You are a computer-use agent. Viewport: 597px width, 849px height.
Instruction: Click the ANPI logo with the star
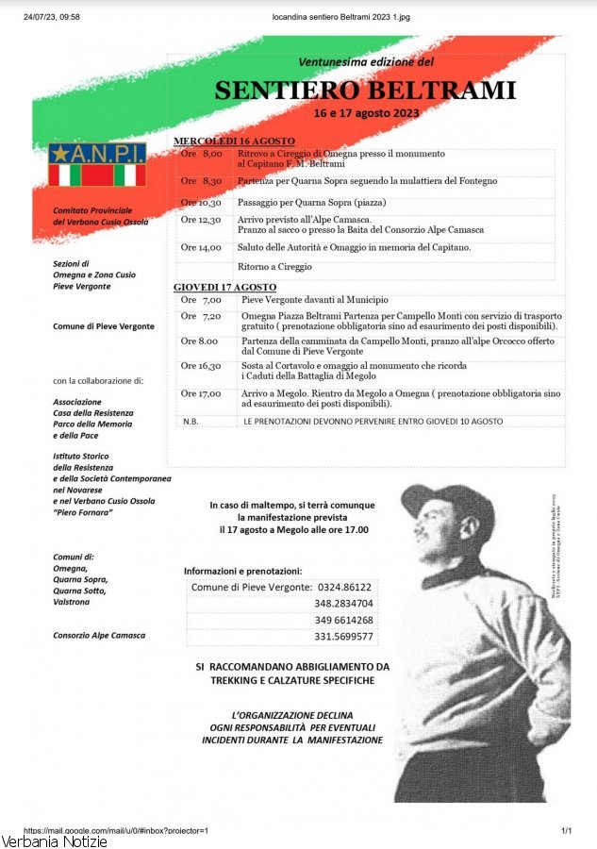(97, 165)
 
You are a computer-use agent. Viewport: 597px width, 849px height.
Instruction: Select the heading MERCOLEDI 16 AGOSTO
(234, 141)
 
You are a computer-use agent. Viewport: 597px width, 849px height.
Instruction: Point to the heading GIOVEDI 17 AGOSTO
(224, 287)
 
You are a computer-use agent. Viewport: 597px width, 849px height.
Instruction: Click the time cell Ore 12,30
(201, 220)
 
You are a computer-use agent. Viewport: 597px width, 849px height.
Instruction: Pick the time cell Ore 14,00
(201, 248)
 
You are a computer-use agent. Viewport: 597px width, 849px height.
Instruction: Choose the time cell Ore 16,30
(201, 366)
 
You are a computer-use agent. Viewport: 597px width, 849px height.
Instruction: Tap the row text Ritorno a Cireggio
(274, 267)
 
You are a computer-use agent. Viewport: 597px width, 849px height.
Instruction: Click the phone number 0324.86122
(343, 587)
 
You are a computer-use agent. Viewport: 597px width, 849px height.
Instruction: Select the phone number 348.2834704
(343, 603)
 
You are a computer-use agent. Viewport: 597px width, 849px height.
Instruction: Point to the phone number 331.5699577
(343, 637)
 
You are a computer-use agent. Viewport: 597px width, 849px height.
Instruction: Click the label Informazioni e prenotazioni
(242, 571)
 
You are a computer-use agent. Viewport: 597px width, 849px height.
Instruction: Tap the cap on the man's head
(450, 504)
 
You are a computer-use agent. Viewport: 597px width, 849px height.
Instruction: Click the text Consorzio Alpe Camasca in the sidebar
(99, 636)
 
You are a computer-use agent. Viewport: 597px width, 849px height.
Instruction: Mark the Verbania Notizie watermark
(55, 841)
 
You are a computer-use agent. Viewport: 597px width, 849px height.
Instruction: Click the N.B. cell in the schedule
(191, 422)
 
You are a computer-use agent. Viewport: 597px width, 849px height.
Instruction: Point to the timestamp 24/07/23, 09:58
(51, 17)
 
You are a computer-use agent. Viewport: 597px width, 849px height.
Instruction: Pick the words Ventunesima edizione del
(365, 62)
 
